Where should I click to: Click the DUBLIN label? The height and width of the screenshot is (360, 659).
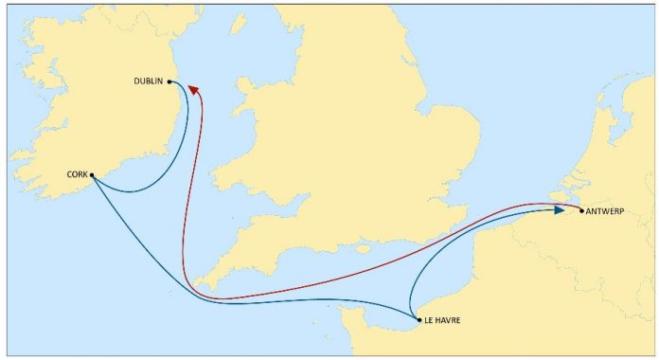point(150,81)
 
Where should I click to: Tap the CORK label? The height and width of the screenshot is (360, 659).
point(78,174)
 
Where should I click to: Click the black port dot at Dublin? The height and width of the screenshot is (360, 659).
point(169,81)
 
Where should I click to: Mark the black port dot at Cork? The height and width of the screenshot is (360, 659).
point(92,174)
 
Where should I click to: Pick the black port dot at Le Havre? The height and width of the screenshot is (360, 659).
point(419,320)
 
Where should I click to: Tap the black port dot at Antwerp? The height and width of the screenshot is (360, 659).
point(581,210)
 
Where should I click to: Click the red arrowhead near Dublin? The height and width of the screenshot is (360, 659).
point(194,89)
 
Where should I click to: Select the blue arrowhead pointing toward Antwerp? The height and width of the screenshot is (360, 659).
point(561,210)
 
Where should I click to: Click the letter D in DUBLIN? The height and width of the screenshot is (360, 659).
point(138,81)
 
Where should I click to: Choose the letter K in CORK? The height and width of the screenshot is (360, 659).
point(85,174)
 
